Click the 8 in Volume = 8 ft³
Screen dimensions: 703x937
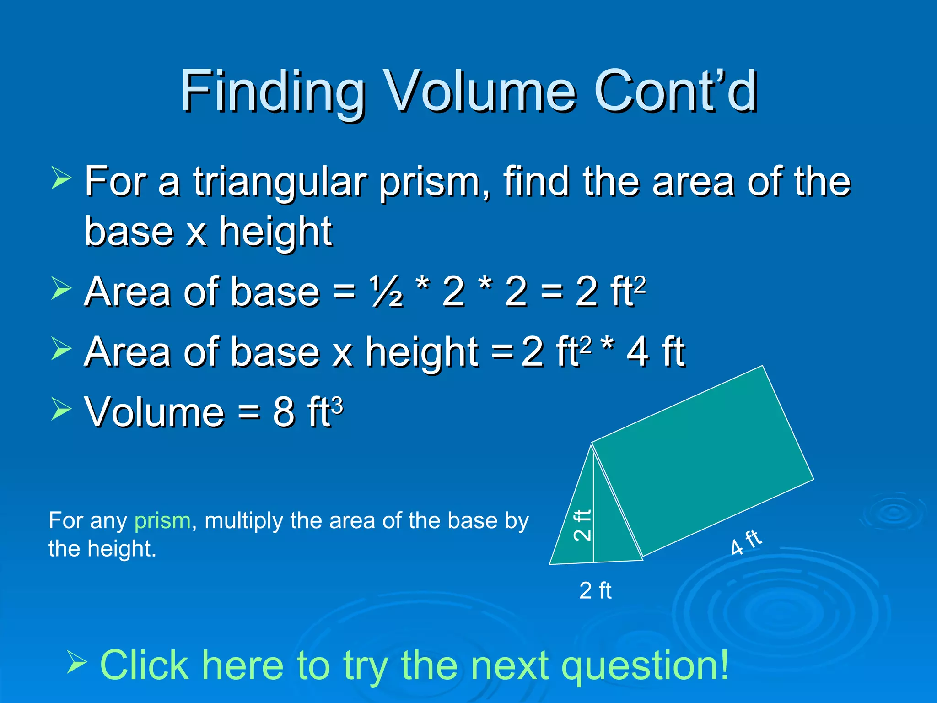(x=284, y=412)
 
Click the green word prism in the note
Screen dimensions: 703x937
(x=162, y=521)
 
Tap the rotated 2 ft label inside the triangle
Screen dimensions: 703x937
(x=582, y=525)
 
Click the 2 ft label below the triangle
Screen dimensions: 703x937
(x=595, y=590)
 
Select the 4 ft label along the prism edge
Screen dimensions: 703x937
(x=746, y=542)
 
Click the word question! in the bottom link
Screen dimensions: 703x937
(x=645, y=666)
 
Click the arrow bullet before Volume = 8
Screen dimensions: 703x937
(x=61, y=409)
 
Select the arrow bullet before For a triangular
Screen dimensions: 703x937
(x=61, y=178)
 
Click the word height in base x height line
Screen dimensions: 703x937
(x=275, y=232)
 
